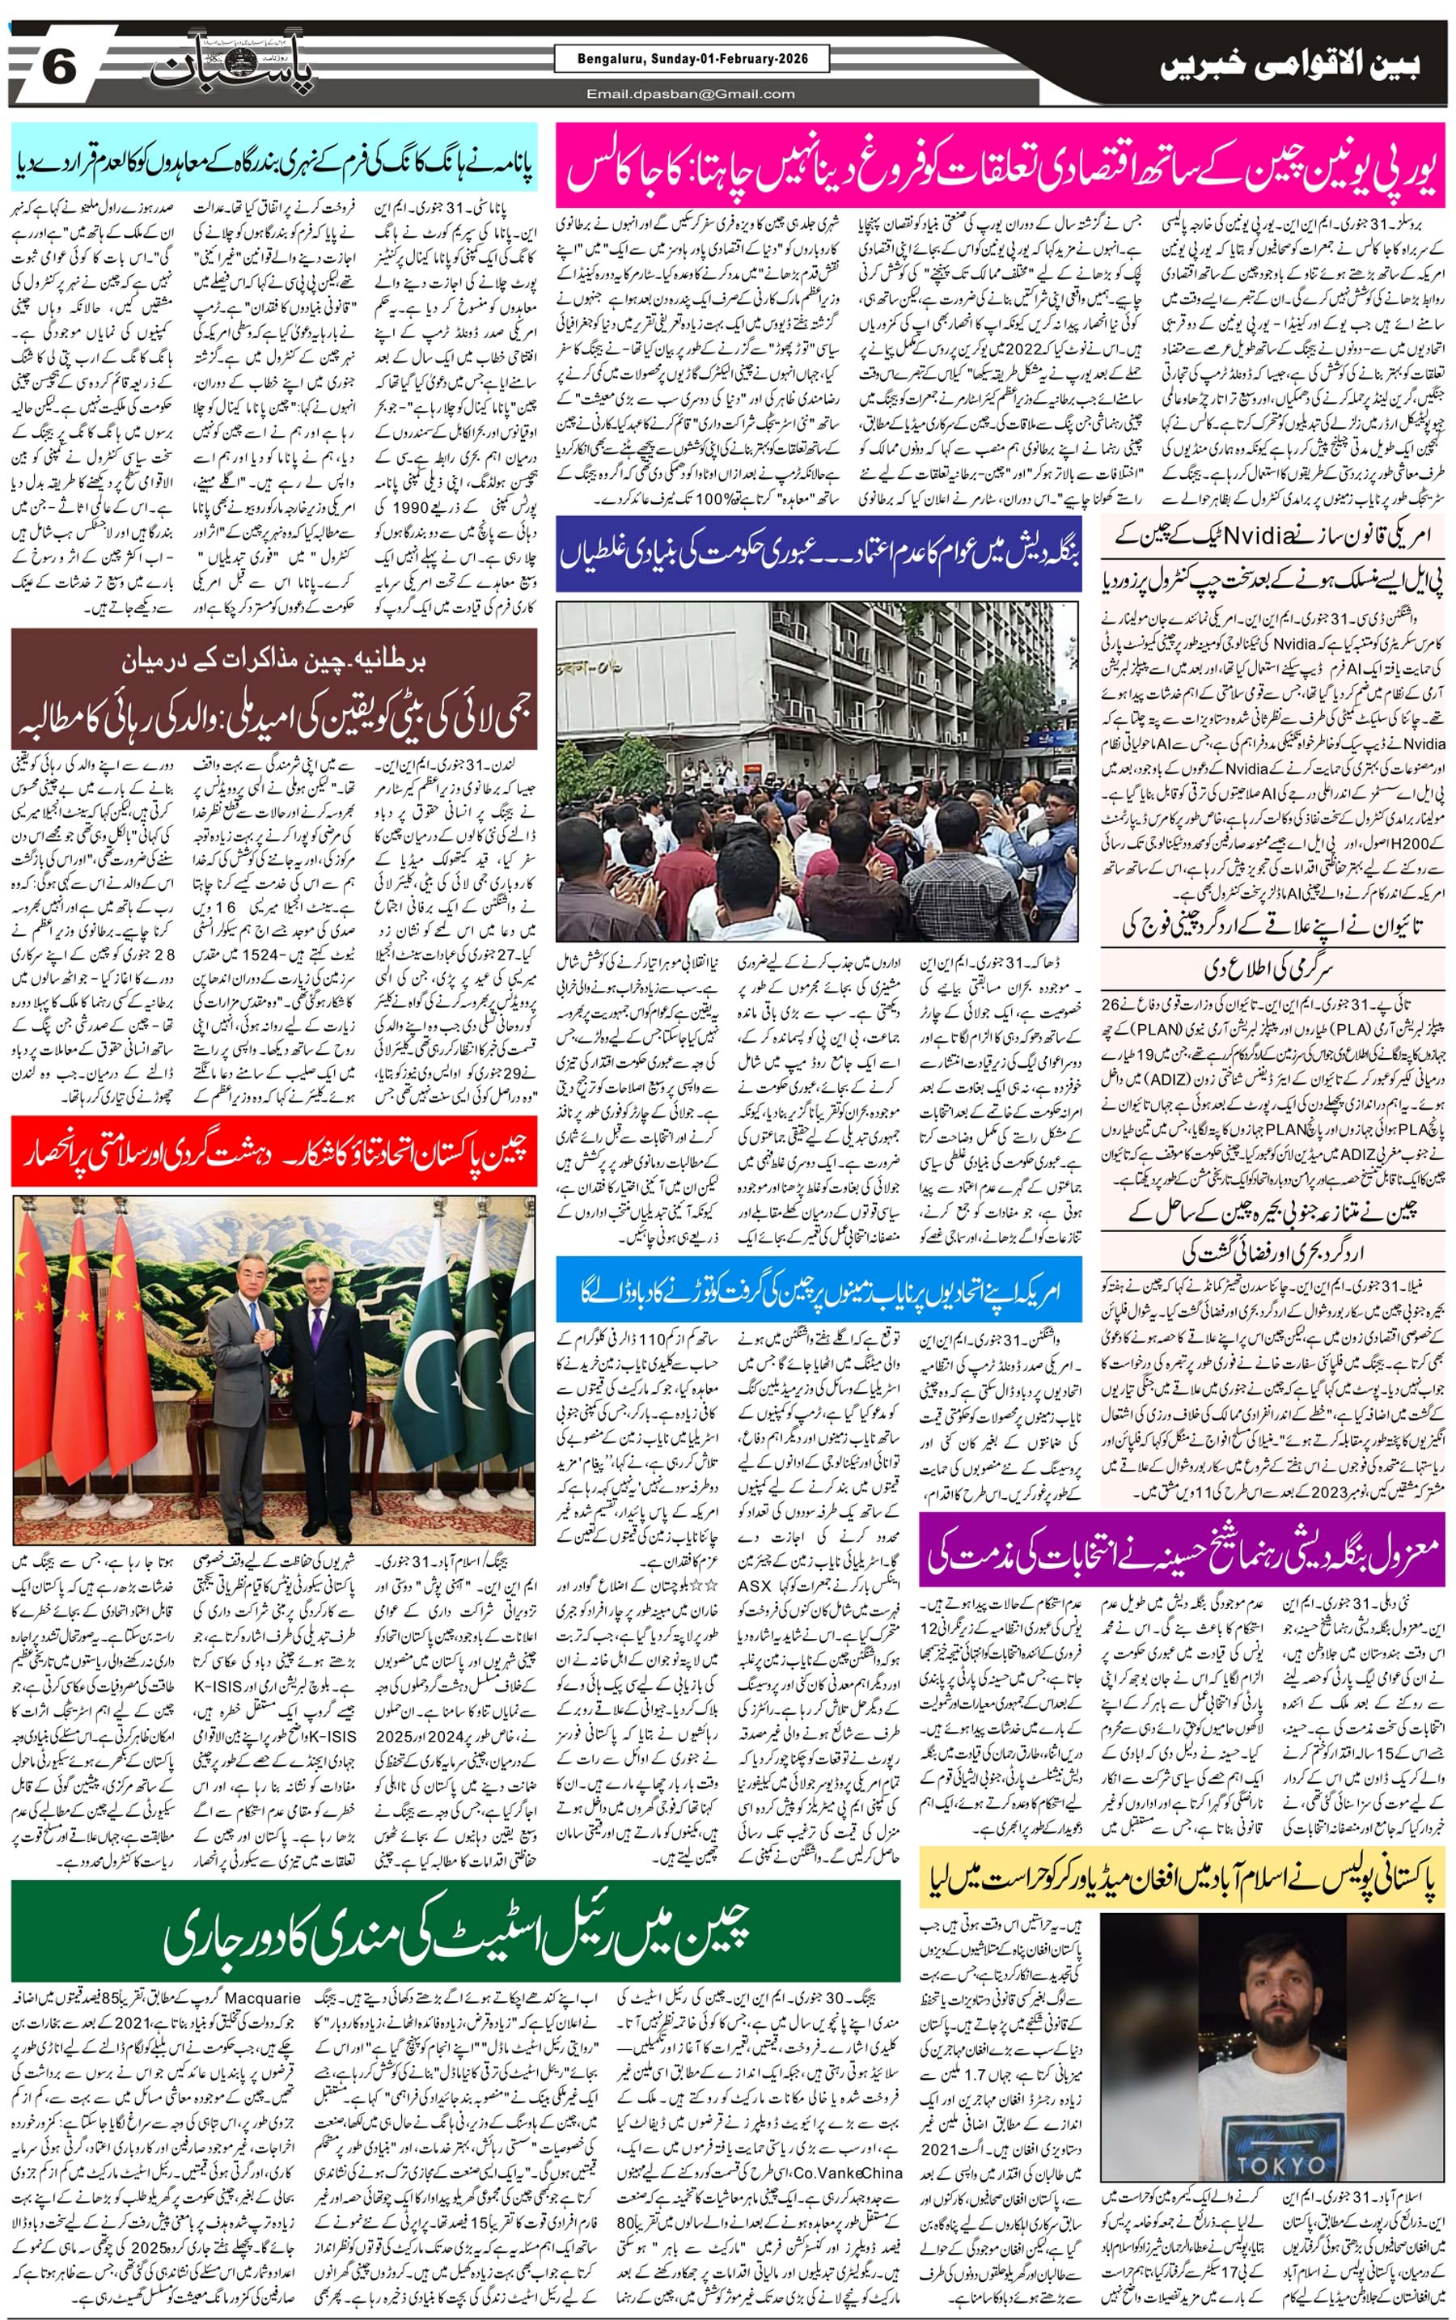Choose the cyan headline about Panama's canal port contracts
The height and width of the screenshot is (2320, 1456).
tap(274, 159)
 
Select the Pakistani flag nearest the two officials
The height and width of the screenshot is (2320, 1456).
tap(435, 1348)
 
